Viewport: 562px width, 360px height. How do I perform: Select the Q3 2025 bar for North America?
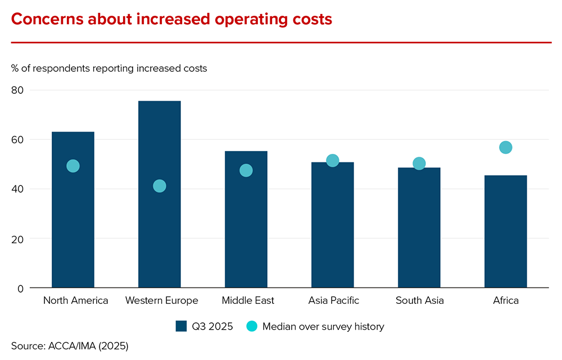[x=73, y=236]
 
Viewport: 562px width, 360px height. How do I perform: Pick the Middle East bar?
[x=246, y=236]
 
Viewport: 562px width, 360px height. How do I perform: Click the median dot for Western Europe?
[x=160, y=186]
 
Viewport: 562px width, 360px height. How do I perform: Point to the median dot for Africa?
[x=506, y=148]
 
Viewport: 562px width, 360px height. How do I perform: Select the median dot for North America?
[x=73, y=166]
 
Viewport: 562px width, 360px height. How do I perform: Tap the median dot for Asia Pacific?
[x=333, y=161]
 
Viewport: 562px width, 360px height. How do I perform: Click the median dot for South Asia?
[x=419, y=163]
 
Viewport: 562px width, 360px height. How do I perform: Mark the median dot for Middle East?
[x=246, y=170]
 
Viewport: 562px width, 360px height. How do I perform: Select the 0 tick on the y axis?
[x=21, y=288]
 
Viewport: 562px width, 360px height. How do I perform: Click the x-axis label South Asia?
[x=419, y=300]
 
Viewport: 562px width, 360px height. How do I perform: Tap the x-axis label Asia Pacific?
[x=333, y=300]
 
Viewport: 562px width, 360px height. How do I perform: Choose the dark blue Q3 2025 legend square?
[x=181, y=326]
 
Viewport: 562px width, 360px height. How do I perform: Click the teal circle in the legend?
[x=252, y=326]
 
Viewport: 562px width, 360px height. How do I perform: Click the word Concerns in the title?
[x=48, y=19]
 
